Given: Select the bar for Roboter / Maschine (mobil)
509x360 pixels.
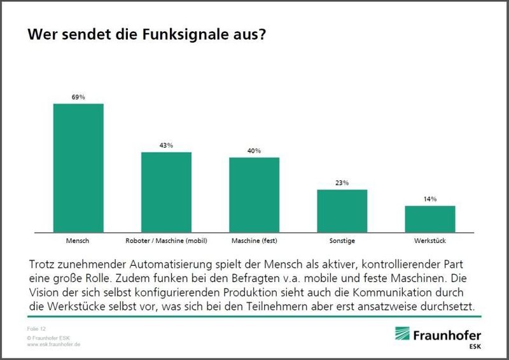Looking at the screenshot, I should pyautogui.click(x=166, y=191).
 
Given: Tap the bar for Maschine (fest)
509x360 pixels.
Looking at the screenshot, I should pyautogui.click(x=254, y=194).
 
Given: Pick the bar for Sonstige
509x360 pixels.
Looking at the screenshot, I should pyautogui.click(x=342, y=210).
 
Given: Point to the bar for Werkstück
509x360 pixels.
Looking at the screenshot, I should pyautogui.click(x=430, y=218).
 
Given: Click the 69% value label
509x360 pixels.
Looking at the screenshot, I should pyautogui.click(x=78, y=97).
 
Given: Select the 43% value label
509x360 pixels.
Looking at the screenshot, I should pyautogui.click(x=166, y=146).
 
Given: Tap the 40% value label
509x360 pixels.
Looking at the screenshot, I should pyautogui.click(x=254, y=151).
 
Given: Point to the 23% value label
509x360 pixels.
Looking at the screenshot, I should pyautogui.click(x=342, y=183).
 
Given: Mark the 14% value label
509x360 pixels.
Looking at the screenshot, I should pyautogui.click(x=430, y=199).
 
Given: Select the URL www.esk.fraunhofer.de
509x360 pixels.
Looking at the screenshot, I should pyautogui.click(x=53, y=344).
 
